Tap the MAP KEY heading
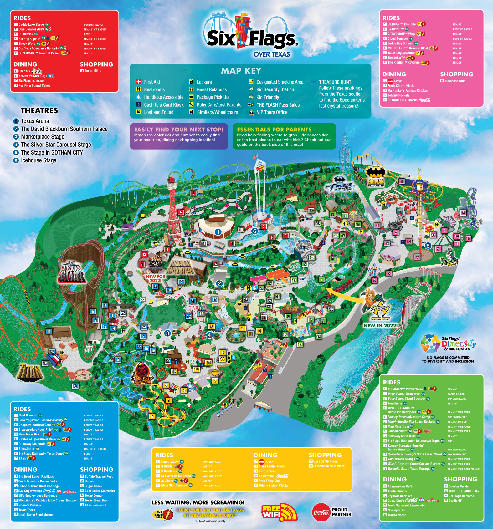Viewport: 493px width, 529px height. (241, 71)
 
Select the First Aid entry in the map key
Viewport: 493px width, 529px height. (151, 82)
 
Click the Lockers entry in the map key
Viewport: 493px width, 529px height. (204, 82)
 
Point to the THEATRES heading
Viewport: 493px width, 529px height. (39, 110)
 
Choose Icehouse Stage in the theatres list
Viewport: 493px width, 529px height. (38, 160)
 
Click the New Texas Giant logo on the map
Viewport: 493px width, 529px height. (72, 272)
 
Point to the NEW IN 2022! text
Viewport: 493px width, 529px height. (380, 325)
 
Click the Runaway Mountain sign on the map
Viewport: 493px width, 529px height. (181, 267)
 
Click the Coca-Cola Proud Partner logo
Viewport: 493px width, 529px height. (332, 512)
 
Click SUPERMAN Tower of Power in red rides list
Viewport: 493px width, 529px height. (39, 53)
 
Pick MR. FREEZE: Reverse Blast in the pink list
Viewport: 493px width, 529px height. (408, 48)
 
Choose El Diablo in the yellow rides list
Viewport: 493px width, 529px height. (166, 466)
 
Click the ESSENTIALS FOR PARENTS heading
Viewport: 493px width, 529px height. (274, 130)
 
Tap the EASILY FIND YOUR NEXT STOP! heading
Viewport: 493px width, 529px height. (179, 130)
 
